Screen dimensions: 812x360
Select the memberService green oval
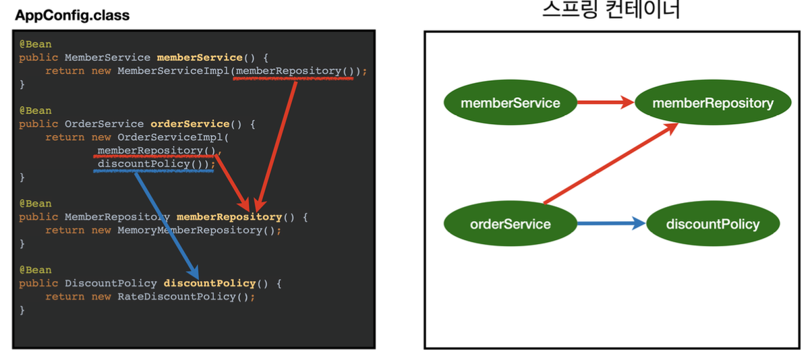point(511,103)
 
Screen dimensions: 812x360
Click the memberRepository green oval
point(713,103)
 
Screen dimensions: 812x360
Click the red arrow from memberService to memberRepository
point(606,103)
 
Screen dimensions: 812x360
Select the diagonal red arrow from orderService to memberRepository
point(610,163)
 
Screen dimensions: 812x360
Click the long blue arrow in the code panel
point(166,222)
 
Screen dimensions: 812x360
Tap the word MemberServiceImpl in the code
point(173,71)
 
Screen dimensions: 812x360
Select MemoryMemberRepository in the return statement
point(186,231)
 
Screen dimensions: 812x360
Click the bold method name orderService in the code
point(190,124)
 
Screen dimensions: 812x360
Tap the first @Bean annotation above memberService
point(35,44)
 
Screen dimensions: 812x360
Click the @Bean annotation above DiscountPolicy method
point(35,270)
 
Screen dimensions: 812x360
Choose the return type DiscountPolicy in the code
point(111,284)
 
